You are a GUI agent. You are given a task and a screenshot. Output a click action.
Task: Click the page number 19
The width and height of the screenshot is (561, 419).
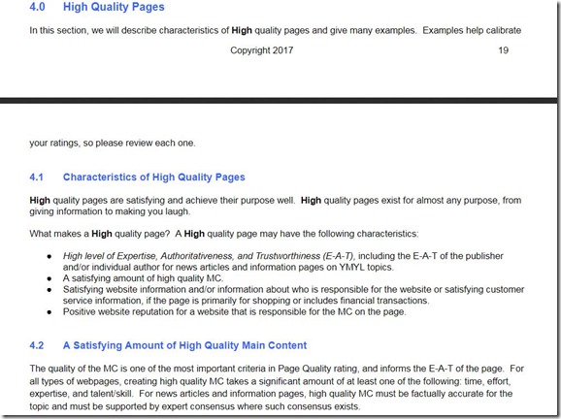click(x=502, y=50)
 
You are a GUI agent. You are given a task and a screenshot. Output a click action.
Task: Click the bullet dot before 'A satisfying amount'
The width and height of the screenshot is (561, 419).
click(x=49, y=277)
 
